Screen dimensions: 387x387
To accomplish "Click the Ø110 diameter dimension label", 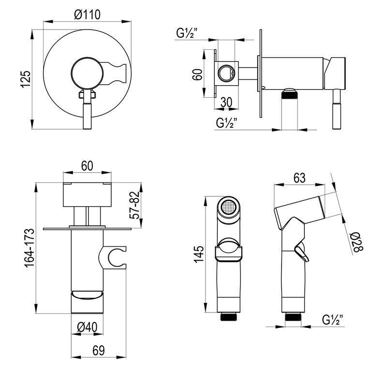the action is (x=88, y=15).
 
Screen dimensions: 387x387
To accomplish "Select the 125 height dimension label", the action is (x=26, y=79).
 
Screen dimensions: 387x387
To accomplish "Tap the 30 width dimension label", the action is (x=226, y=102).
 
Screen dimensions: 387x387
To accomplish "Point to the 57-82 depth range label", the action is (x=135, y=205).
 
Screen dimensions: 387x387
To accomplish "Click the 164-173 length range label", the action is (x=29, y=248).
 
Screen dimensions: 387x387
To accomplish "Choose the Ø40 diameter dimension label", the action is (x=87, y=327).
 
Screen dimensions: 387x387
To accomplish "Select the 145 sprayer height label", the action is (x=199, y=254).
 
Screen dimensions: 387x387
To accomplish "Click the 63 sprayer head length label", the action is (x=299, y=178).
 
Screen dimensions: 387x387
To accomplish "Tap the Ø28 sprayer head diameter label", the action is (x=357, y=243).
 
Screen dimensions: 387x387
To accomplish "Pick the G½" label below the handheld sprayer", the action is (x=333, y=320).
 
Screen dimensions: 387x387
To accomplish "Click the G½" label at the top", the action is (x=187, y=33).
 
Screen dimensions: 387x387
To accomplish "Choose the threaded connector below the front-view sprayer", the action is (x=228, y=317).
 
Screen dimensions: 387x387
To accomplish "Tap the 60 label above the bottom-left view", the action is (x=87, y=166).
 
